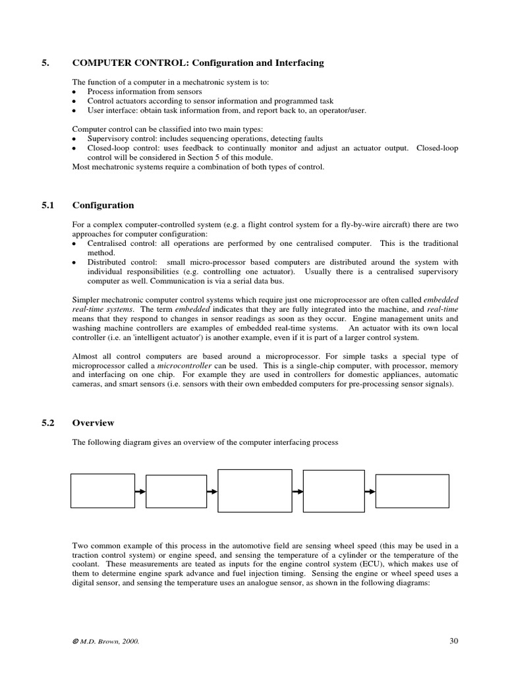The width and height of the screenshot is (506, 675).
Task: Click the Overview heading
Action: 93,423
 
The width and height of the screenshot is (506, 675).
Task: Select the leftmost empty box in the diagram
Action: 103,491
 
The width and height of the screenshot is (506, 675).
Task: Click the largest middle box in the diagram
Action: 255,491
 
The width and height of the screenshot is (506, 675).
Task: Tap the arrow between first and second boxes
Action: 140,492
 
